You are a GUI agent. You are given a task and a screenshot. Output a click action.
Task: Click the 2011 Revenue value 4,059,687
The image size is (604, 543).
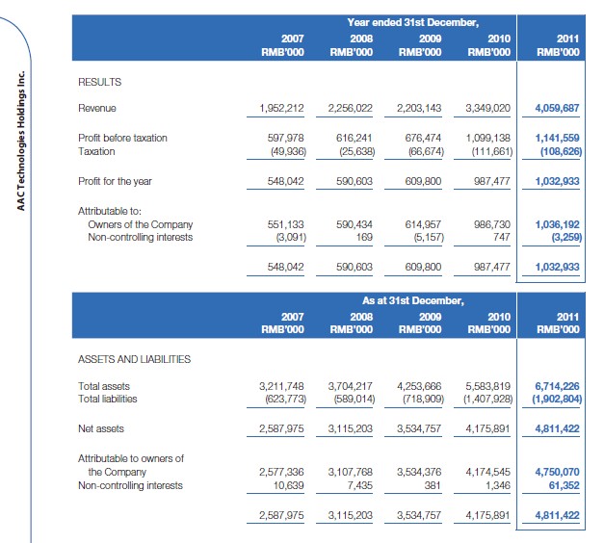(x=557, y=108)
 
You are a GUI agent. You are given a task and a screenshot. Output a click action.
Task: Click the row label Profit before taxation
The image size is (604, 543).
(x=121, y=138)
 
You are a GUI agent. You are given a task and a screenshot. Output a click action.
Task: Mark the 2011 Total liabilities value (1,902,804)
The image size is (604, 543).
(x=553, y=399)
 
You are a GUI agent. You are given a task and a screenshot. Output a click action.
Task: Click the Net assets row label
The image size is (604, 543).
(x=100, y=427)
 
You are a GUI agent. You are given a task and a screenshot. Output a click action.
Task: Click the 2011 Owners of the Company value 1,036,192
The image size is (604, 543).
(x=557, y=223)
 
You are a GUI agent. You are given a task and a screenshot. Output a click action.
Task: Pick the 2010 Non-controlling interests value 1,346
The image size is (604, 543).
(x=497, y=485)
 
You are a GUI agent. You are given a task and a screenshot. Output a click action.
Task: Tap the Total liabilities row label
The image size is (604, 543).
(x=107, y=399)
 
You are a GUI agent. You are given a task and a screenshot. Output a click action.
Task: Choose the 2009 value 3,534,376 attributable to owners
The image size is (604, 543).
(x=418, y=472)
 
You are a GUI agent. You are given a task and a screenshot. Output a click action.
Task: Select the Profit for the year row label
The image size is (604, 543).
(x=115, y=181)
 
